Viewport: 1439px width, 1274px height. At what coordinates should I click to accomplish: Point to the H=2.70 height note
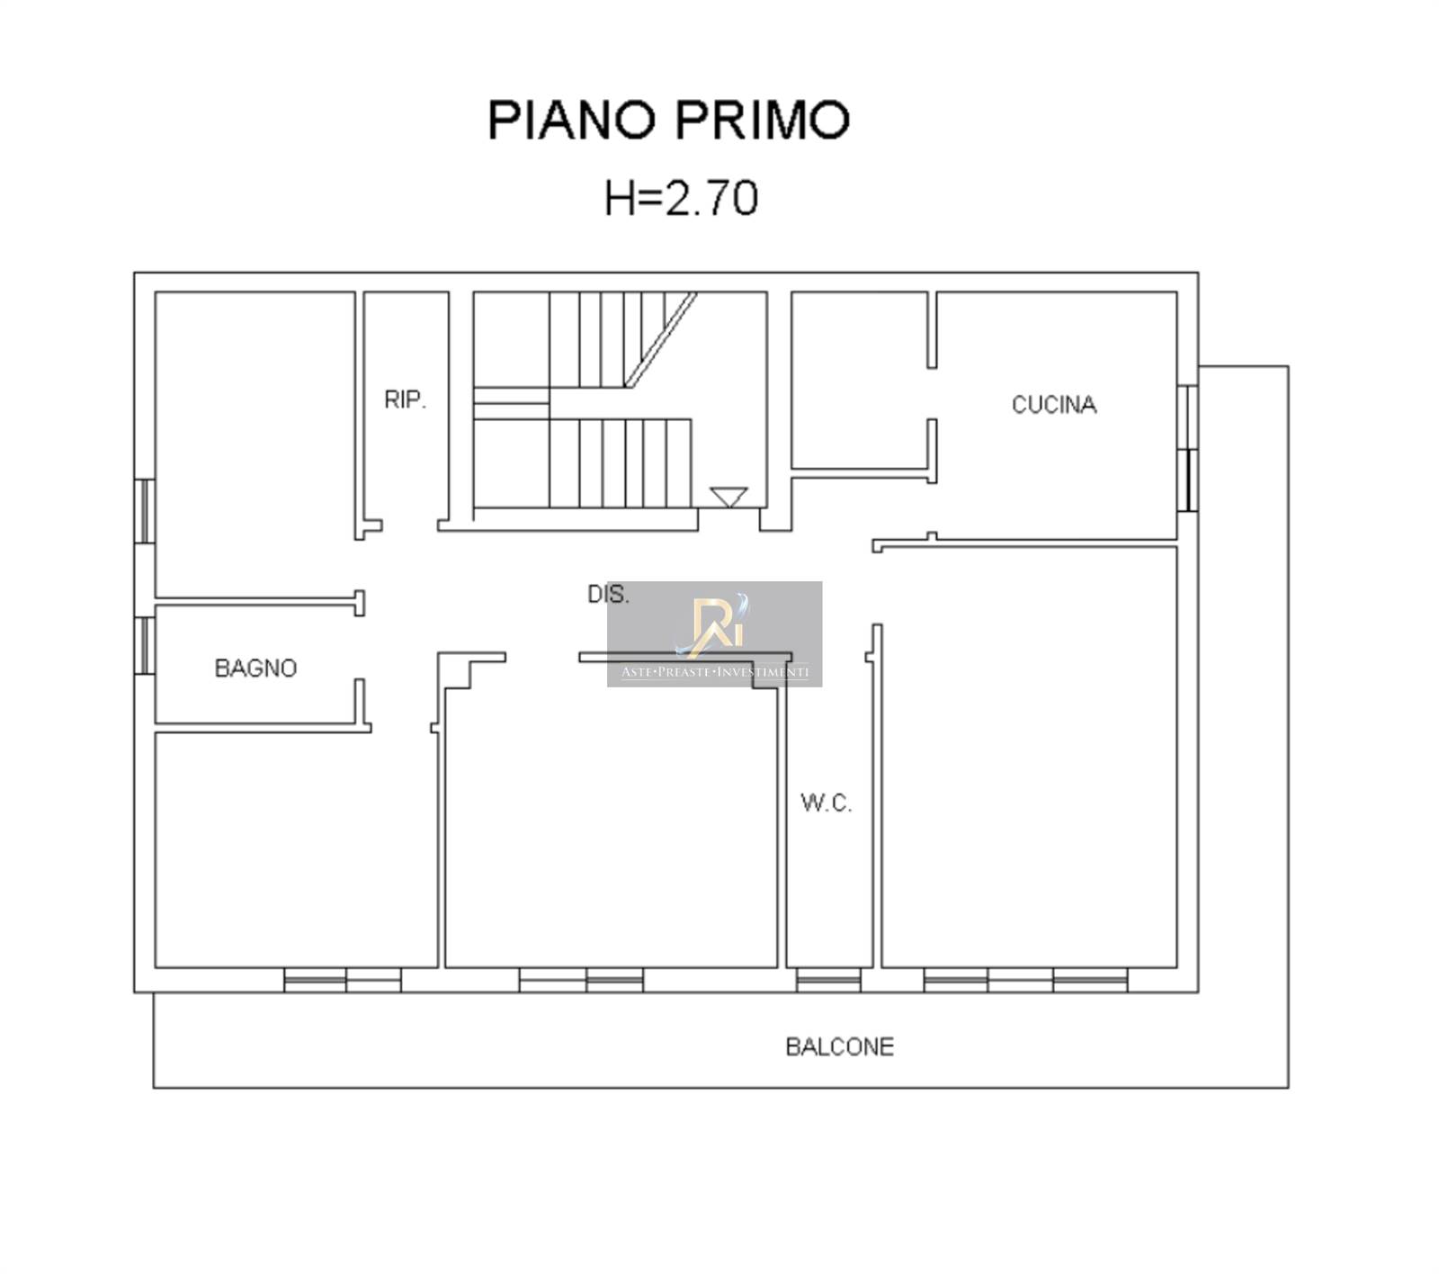click(682, 198)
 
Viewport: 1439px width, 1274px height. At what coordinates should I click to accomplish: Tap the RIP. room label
click(405, 399)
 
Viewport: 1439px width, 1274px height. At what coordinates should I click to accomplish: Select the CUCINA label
click(1054, 405)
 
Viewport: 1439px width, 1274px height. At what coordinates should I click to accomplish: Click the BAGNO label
click(255, 668)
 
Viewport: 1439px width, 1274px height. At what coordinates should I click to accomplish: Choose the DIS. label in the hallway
click(608, 594)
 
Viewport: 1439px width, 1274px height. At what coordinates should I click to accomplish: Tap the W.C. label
click(826, 803)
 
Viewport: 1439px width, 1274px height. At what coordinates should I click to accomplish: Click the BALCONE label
click(840, 1046)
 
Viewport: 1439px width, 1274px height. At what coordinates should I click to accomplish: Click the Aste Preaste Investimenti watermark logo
click(714, 633)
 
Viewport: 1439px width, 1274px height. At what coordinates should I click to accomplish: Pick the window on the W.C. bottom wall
click(828, 980)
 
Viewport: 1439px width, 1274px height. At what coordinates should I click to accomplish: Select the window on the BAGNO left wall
click(144, 644)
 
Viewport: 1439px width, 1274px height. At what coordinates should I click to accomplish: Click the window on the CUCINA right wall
click(1188, 448)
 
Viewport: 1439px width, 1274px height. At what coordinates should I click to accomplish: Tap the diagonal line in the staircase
click(662, 339)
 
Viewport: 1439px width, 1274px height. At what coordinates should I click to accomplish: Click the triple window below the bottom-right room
click(1025, 980)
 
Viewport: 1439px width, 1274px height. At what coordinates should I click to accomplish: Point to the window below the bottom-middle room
click(581, 980)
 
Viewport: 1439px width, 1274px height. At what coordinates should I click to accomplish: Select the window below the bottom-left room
click(343, 980)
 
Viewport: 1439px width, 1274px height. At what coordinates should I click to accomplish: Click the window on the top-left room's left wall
click(144, 510)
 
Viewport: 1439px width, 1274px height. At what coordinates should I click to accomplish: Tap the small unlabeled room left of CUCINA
click(860, 379)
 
